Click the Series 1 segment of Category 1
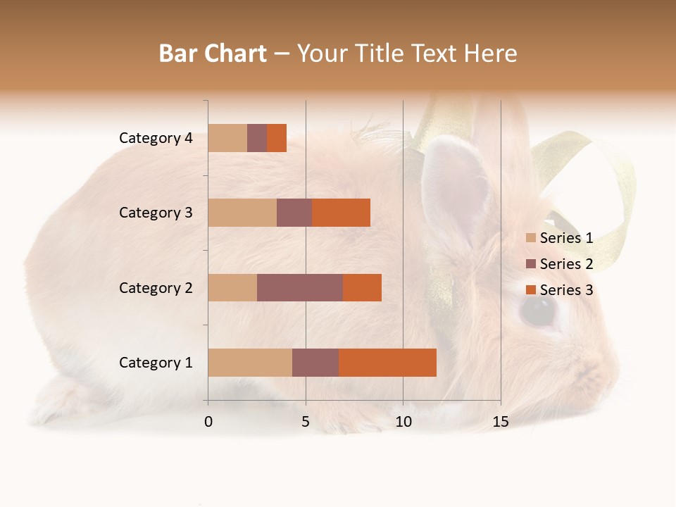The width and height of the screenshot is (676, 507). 250,363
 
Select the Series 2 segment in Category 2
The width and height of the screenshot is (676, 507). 300,288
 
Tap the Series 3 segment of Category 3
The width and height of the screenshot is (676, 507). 341,213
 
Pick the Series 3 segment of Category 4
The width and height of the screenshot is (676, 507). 277,138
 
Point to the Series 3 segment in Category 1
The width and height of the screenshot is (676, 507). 387,363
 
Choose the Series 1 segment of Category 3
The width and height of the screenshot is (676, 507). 242,213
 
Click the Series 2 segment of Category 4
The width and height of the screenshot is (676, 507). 257,138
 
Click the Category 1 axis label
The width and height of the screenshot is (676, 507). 156,363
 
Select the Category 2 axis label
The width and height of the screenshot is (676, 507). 156,288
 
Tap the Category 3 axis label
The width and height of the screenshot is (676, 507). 156,213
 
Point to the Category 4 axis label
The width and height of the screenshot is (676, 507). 156,138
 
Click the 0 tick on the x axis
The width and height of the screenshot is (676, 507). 208,422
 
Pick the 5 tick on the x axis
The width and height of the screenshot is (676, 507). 306,422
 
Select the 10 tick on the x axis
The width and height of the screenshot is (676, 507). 403,422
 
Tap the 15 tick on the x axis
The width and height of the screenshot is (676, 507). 500,422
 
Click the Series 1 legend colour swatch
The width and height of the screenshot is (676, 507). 530,238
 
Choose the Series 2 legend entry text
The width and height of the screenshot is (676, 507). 566,264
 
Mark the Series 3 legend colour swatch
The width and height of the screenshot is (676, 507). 530,290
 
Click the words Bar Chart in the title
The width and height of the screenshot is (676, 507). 213,54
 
